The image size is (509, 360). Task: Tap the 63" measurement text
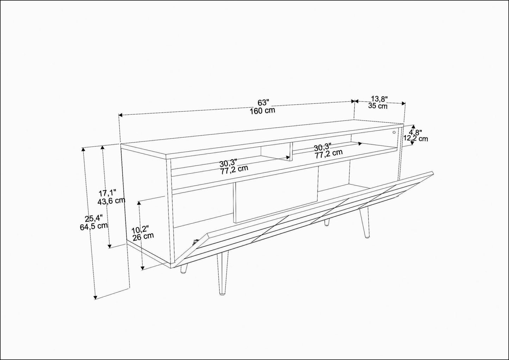[263, 103]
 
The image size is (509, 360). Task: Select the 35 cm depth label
[378, 106]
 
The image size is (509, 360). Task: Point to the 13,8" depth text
[379, 99]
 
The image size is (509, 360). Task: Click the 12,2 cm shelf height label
[416, 138]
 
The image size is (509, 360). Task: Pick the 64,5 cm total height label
[94, 226]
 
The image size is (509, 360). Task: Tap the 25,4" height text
[94, 219]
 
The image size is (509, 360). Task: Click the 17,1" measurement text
[107, 193]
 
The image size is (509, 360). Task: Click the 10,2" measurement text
[140, 230]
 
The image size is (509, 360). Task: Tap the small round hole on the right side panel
[394, 132]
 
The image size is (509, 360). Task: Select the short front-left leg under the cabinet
[184, 268]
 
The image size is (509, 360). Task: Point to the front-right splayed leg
[364, 223]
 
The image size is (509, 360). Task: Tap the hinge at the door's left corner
[195, 242]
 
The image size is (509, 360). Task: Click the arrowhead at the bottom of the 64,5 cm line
[95, 297]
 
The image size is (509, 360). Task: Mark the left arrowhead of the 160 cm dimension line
[121, 115]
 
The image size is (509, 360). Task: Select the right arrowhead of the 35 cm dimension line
[404, 103]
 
